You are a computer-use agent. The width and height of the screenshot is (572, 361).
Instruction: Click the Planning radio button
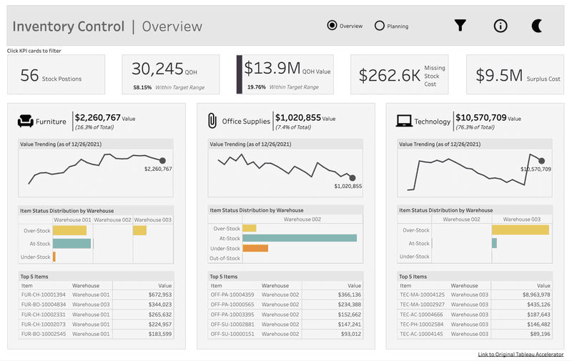click(379, 26)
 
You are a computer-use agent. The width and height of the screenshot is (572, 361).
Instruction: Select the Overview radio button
click(332, 26)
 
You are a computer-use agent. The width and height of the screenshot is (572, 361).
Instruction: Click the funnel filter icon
click(460, 26)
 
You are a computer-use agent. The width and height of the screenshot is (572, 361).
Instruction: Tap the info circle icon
click(500, 26)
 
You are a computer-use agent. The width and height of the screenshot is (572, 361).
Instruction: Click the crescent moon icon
click(537, 26)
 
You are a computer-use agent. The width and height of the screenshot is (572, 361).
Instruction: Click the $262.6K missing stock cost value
click(389, 75)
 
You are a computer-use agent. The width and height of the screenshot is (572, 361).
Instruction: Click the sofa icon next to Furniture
click(26, 122)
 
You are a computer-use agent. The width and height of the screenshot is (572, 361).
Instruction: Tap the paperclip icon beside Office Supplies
click(212, 121)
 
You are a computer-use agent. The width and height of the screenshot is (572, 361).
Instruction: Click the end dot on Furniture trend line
click(162, 161)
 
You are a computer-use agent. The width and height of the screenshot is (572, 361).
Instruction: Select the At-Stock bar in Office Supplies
click(299, 238)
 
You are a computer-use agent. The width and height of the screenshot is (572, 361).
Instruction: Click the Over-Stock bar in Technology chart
click(520, 230)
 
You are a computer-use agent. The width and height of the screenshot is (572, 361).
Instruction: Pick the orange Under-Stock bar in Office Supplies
click(255, 248)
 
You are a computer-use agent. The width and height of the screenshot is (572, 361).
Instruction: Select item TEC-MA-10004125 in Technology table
click(423, 295)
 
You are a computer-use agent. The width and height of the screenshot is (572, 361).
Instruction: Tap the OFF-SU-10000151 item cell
click(232, 333)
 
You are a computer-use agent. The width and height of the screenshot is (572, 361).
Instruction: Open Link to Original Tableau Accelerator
click(521, 355)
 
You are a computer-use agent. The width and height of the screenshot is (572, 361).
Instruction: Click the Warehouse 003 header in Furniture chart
click(152, 220)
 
